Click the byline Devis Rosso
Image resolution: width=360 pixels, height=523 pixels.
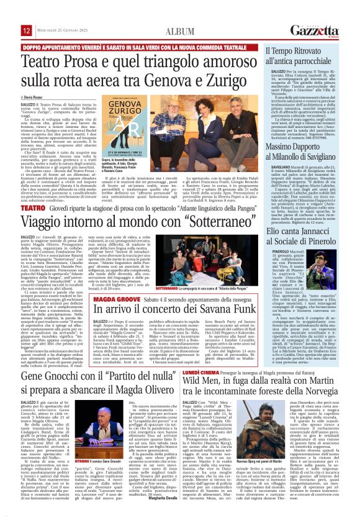coord(34,98)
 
